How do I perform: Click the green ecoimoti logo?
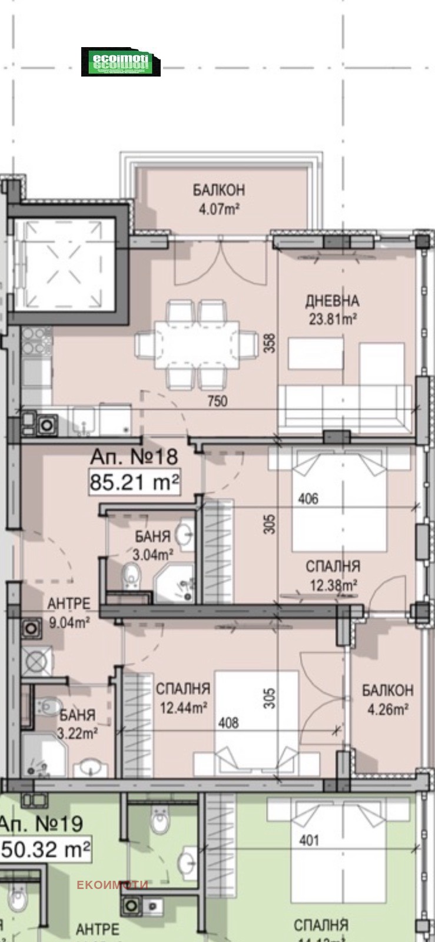pos(121,62)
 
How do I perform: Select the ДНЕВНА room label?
pos(332,301)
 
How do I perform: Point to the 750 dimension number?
pos(217,402)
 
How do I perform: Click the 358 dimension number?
pos(270,343)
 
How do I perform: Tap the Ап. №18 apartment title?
pos(134,456)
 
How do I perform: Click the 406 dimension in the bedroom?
pos(308,499)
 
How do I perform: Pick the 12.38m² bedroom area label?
pos(334,585)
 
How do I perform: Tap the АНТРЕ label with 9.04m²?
pos(69,612)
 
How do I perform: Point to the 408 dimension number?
pos(228,722)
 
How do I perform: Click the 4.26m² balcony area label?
pos(388,709)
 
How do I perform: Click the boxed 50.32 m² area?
pos(47,850)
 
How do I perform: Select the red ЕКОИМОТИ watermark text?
pos(112,884)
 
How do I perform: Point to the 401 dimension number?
pos(309,840)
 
